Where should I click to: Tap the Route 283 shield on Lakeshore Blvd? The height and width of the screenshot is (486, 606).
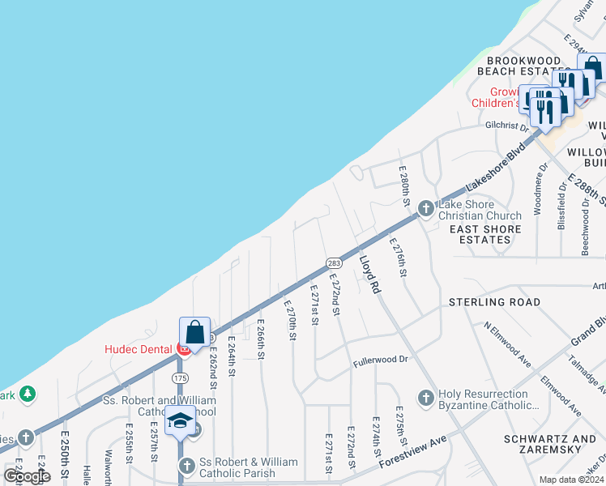tap(333, 263)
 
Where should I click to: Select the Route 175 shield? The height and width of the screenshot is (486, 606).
tap(180, 378)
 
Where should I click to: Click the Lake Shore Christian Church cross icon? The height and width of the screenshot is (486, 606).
tap(425, 210)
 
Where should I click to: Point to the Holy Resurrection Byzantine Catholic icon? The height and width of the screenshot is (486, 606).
tap(425, 398)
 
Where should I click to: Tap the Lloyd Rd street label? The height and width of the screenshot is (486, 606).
tap(370, 274)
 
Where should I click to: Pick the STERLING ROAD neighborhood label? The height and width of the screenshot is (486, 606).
tap(494, 302)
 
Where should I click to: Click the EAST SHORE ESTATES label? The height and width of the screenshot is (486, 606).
tap(485, 235)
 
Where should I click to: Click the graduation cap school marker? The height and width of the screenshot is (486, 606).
tap(181, 421)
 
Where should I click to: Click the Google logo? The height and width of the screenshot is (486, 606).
tap(28, 475)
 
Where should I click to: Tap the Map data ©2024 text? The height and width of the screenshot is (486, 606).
tap(570, 480)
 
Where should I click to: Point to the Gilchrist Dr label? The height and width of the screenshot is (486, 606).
tap(506, 126)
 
